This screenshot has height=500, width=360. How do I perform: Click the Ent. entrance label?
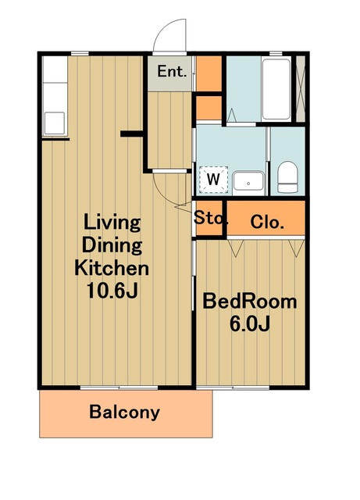tap(172, 71)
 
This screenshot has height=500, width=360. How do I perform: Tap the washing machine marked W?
tap(213, 180)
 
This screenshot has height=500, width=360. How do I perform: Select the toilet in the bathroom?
tap(287, 177)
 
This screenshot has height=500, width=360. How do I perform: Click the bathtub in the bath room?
tap(276, 89)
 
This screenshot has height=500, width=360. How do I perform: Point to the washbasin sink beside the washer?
tap(248, 182)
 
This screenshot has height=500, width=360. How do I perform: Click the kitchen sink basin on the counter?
tap(54, 123)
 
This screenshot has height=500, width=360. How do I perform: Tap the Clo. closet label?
tap(267, 222)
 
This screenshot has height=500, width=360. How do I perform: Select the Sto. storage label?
tap(210, 218)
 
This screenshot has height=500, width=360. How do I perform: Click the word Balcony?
tap(125, 412)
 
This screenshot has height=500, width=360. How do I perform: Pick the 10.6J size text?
tap(112, 291)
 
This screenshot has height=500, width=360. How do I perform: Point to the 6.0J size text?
tap(250, 323)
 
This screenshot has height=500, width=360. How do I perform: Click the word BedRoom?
tap(250, 302)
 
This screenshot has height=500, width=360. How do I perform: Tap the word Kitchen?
tap(112, 268)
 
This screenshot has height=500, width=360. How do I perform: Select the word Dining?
tap(112, 245)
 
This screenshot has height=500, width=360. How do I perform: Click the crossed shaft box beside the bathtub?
tap(301, 89)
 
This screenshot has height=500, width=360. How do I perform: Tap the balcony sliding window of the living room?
tap(119, 387)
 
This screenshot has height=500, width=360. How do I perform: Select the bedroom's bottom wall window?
tap(233, 387)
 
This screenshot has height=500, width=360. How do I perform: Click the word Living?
tap(112, 223)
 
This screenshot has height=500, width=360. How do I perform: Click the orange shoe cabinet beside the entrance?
tap(209, 74)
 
